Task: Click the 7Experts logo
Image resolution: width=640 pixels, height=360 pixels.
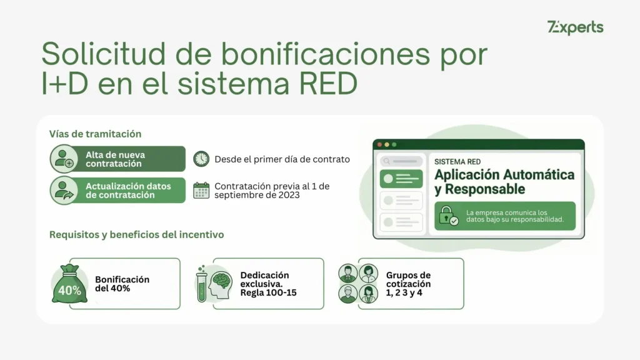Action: point(575,27)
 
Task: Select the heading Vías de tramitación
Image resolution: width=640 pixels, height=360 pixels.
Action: point(95,134)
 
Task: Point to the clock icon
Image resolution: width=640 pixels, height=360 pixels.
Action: point(201,159)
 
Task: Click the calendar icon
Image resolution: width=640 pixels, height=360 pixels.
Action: point(201,190)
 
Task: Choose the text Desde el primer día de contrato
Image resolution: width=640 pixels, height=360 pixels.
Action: point(282,159)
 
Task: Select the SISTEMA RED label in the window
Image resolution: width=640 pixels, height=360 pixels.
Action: point(457,161)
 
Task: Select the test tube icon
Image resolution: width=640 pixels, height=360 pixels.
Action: point(201,287)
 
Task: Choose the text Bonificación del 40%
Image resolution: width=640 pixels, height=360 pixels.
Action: point(122,284)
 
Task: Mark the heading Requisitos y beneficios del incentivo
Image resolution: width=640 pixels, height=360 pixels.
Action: point(136,235)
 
